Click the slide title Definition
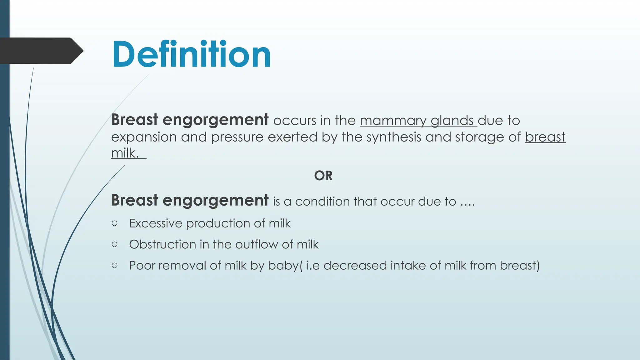pos(191,54)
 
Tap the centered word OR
pos(323,176)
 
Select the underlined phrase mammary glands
pos(418,121)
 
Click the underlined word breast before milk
pos(545,137)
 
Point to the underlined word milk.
pos(125,153)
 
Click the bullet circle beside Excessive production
pos(114,223)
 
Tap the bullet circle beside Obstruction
pos(114,244)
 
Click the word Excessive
pos(156,223)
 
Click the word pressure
pos(237,137)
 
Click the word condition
pos(322,202)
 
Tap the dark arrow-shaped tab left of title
pos(39,51)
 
